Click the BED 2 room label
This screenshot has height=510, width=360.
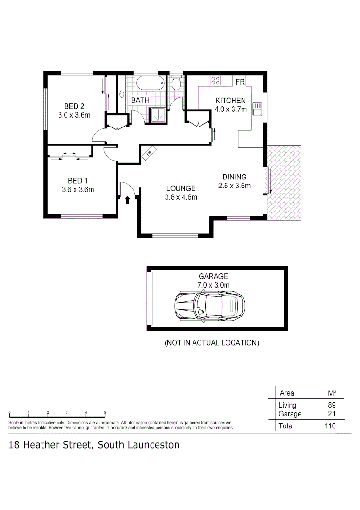click(74, 106)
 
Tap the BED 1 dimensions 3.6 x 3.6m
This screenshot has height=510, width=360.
click(78, 190)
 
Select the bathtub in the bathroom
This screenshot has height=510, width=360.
click(151, 83)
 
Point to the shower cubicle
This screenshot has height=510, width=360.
click(157, 115)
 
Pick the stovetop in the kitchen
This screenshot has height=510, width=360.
click(216, 80)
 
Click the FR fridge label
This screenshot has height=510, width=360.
click(240, 82)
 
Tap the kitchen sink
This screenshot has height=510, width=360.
click(257, 109)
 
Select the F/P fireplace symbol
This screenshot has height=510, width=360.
click(149, 153)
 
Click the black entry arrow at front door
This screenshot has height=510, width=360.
click(128, 199)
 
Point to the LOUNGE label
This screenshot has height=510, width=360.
click(181, 188)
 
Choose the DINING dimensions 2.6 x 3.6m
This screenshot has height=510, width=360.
click(234, 186)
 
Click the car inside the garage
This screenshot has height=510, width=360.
click(209, 307)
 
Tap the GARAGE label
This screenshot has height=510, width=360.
click(213, 276)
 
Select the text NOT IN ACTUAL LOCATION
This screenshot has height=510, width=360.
click(212, 343)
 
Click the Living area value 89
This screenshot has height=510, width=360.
click(332, 405)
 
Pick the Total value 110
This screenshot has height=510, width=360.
click(330, 426)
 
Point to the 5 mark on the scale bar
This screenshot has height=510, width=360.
click(105, 412)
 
